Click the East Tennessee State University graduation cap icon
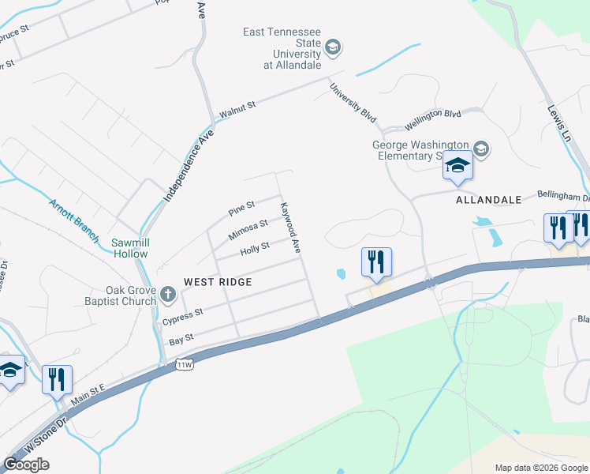(332, 48)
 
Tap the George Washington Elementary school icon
(481, 148)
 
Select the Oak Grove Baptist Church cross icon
(167, 295)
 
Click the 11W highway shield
(185, 364)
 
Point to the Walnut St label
(237, 110)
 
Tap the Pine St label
(241, 209)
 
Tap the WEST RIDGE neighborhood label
(218, 282)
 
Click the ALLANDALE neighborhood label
(488, 201)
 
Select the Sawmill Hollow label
(129, 248)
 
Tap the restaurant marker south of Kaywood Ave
(376, 262)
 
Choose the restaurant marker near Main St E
(57, 379)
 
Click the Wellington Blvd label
(433, 119)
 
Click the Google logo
(26, 465)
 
